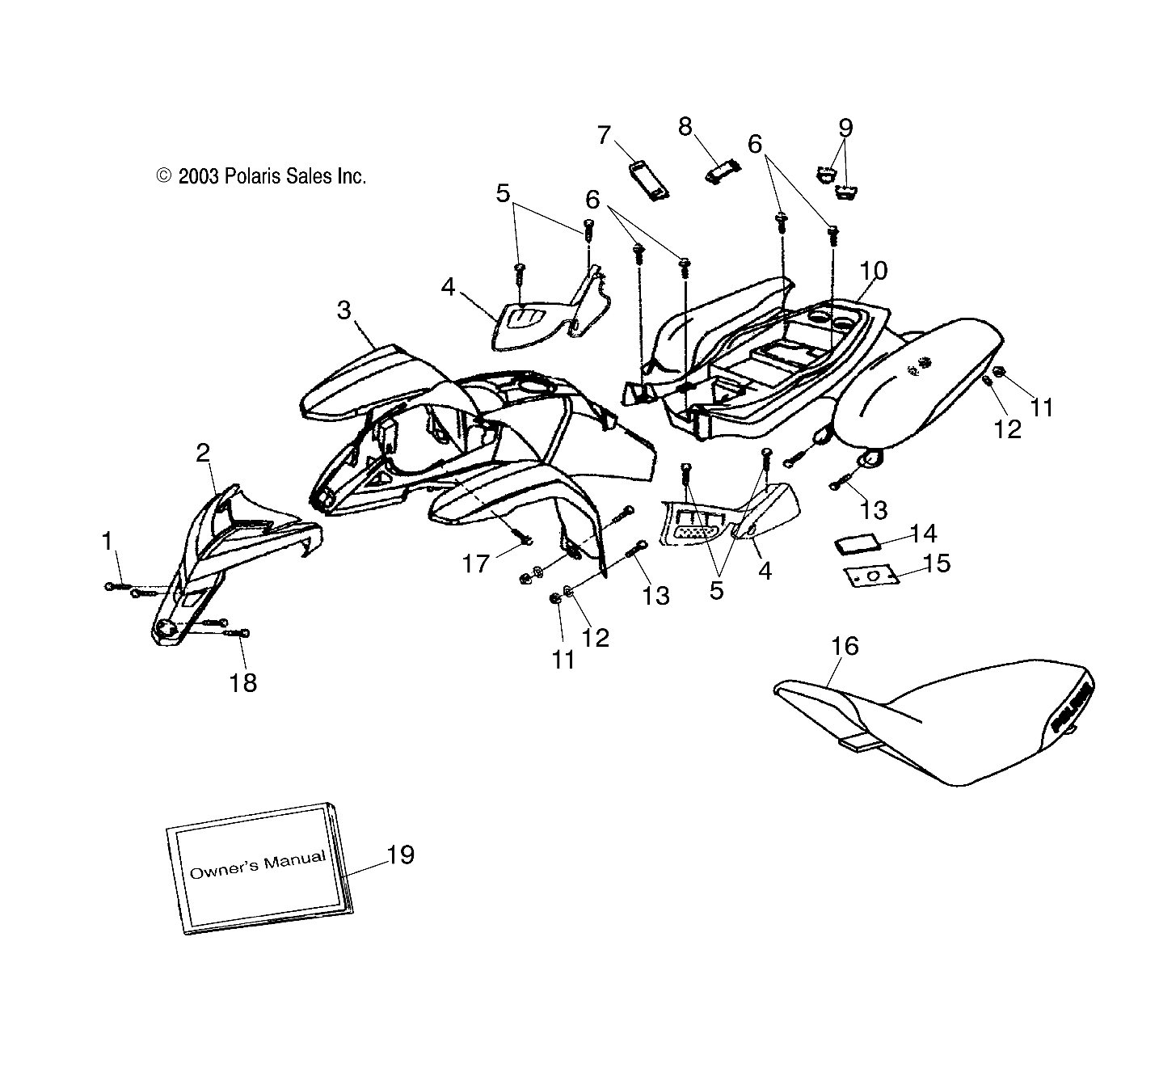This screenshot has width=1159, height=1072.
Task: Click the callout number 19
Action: point(400,855)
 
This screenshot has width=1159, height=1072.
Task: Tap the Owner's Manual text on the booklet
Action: point(258,866)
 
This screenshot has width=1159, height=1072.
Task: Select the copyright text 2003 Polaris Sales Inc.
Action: point(261,175)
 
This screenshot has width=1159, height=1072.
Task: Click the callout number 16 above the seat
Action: point(845,646)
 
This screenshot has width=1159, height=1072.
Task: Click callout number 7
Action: point(604,135)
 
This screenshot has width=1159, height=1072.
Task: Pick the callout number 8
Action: point(685,127)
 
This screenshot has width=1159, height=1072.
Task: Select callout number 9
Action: point(845,127)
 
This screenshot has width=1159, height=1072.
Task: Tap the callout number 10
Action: point(874,270)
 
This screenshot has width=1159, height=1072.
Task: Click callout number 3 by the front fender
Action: point(344,310)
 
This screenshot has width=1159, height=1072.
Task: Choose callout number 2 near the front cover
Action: point(203,452)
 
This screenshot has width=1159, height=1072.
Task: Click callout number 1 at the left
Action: point(107,542)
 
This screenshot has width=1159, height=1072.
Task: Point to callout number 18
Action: point(242,682)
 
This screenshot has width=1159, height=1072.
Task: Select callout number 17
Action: point(476,563)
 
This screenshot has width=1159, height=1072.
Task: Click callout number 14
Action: point(922,534)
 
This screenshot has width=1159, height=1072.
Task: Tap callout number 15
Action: point(936,563)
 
